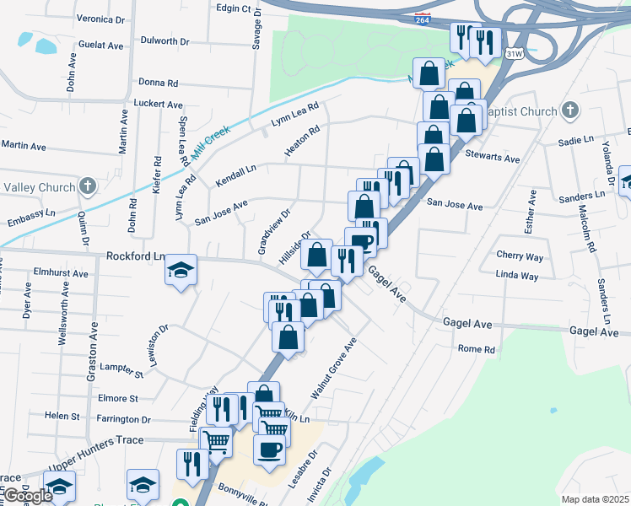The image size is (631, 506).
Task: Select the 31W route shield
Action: [x=513, y=53]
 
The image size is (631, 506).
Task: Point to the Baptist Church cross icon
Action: [x=569, y=111]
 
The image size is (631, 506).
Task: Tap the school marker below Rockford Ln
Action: [x=181, y=270]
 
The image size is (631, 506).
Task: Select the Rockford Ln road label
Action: [x=135, y=256]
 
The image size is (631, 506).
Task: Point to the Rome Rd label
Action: [x=477, y=349]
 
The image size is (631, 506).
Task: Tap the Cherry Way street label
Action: [x=520, y=256]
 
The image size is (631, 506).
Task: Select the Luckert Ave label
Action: [x=159, y=105]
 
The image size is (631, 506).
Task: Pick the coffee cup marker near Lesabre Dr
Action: [x=270, y=449]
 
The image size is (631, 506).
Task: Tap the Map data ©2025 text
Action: [x=596, y=499]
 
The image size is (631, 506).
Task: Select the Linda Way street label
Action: [x=517, y=276]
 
